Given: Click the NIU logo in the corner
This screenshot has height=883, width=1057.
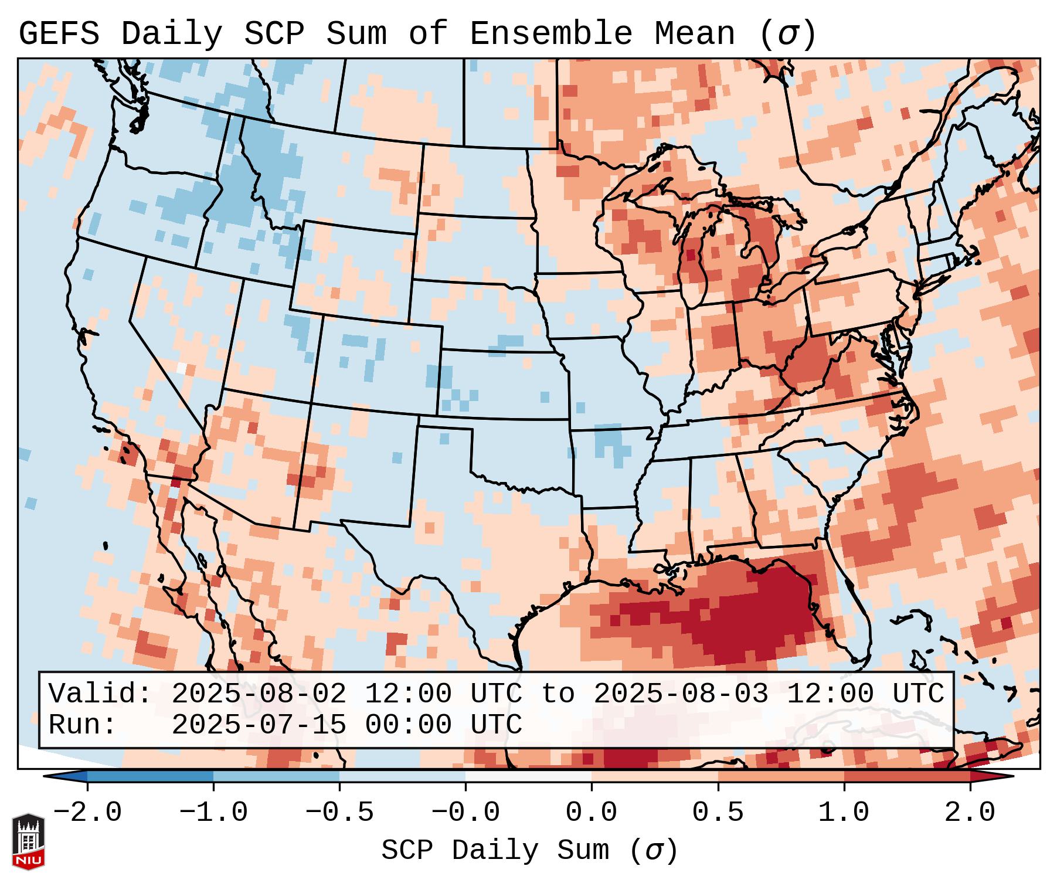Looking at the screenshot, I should tap(28, 841).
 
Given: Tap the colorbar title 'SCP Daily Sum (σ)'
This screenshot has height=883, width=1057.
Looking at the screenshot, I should tap(529, 851).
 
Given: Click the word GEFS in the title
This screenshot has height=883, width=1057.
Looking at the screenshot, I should tap(59, 34).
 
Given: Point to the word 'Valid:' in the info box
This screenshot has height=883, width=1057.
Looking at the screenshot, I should tap(100, 694).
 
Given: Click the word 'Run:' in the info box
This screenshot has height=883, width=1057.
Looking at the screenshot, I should tap(82, 725).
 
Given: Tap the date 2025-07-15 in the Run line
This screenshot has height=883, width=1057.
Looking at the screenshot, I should tap(259, 725).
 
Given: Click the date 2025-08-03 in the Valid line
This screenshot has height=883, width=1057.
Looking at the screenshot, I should tap(681, 694).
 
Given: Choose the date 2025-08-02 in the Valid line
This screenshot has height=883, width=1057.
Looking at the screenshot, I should tap(259, 694).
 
